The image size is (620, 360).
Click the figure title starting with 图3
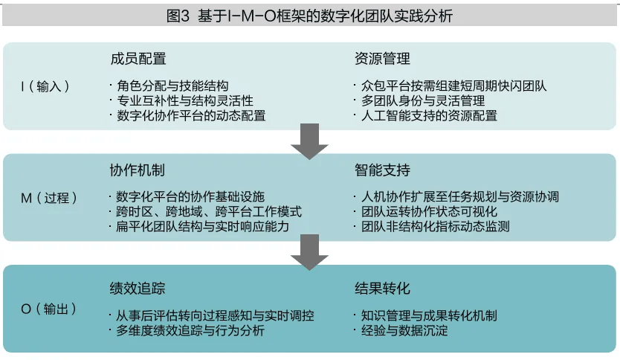(309, 15)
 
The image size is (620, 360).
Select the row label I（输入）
(46, 86)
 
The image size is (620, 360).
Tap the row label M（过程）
(46, 197)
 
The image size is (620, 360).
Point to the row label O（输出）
(46, 308)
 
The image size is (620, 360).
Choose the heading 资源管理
(382, 58)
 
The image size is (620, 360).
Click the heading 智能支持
(382, 170)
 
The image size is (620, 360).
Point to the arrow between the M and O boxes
(309, 252)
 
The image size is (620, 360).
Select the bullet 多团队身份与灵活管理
(421, 100)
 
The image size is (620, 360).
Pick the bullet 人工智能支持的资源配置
(427, 115)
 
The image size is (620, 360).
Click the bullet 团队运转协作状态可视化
(427, 212)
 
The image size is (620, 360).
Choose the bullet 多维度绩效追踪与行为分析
(189, 330)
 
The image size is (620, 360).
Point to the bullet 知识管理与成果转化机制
(427, 315)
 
